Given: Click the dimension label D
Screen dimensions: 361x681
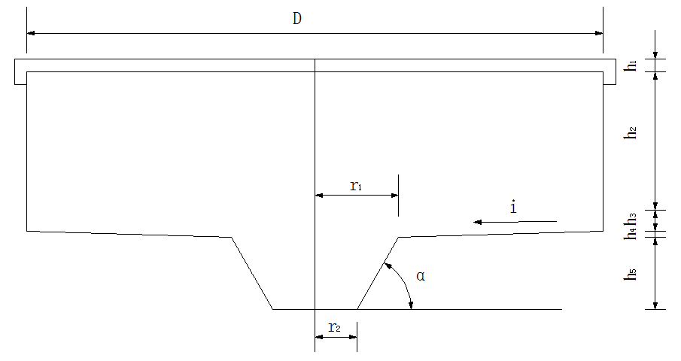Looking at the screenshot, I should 297,19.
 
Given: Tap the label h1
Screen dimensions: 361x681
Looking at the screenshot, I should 632,65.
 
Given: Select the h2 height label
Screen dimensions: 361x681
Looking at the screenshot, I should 632,133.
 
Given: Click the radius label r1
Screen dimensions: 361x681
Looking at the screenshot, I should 356,186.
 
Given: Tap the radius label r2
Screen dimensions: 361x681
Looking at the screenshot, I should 335,327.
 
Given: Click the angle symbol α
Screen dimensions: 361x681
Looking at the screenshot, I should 421,276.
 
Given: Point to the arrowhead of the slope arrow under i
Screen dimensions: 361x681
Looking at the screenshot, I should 477,222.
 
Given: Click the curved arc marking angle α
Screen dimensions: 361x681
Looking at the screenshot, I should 403,282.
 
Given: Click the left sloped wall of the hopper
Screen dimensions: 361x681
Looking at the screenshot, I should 252,273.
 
